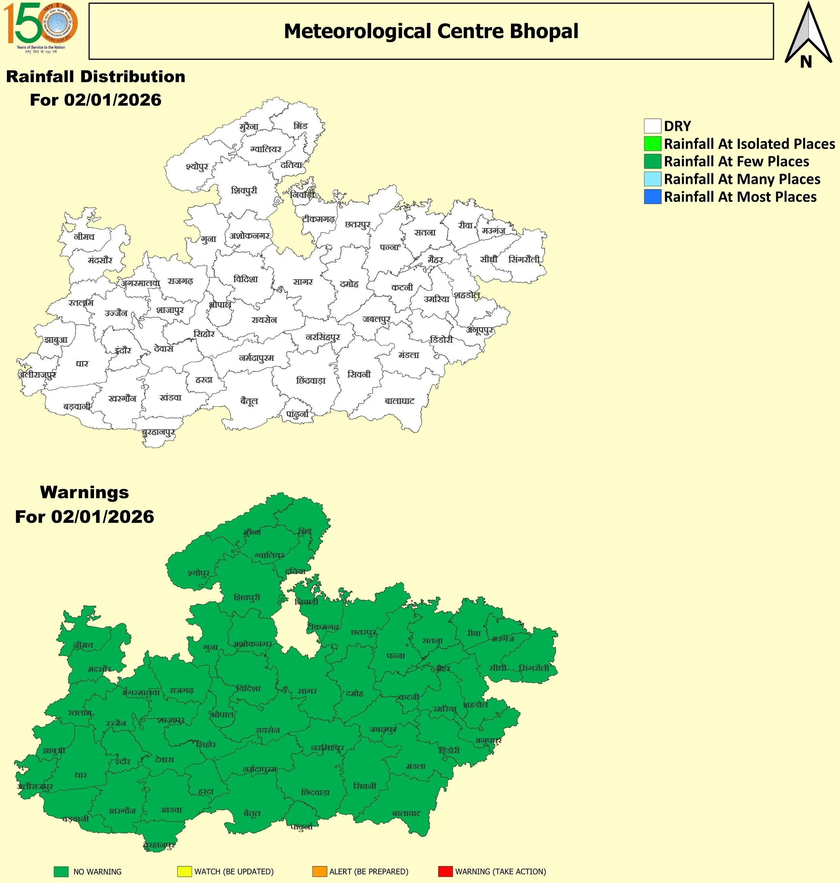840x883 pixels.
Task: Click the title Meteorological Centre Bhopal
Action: [x=431, y=31]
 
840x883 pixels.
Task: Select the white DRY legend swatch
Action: [x=652, y=126]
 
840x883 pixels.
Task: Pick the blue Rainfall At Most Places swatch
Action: [x=652, y=197]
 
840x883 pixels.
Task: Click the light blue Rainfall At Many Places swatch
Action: [x=652, y=179]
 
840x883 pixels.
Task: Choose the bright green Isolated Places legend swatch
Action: [x=652, y=143]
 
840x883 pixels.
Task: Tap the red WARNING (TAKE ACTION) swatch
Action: [x=445, y=871]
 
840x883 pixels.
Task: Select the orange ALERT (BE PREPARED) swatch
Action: [x=319, y=871]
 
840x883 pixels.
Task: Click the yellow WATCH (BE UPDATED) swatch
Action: [x=184, y=871]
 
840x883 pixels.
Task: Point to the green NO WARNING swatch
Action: [x=61, y=871]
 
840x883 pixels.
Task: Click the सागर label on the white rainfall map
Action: [x=303, y=282]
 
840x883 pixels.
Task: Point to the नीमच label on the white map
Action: [x=84, y=237]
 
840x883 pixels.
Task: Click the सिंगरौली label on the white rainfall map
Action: [x=524, y=259]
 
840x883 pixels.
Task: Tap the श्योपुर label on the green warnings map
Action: [x=198, y=573]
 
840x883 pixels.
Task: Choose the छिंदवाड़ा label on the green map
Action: [x=315, y=793]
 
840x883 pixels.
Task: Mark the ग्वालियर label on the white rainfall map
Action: [x=266, y=149]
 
